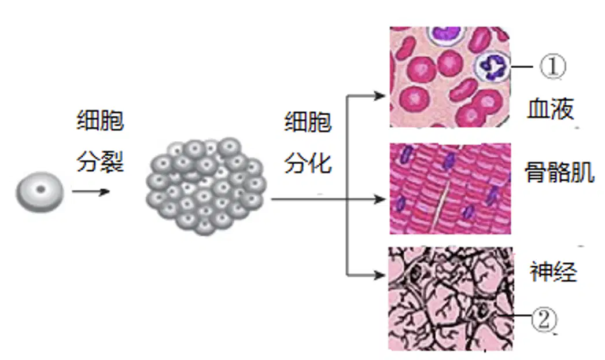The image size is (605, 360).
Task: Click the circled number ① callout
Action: [552, 67]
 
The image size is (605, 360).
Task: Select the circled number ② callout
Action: [544, 319]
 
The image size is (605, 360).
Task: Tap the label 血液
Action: [550, 109]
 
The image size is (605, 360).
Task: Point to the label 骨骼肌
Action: [559, 171]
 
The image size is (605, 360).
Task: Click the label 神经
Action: [554, 272]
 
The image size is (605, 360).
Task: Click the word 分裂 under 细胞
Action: [100, 161]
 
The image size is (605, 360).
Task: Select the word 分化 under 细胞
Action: [308, 163]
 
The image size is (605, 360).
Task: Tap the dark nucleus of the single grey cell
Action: [40, 190]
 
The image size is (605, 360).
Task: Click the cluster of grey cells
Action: [206, 186]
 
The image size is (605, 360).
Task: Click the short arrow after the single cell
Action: [91, 192]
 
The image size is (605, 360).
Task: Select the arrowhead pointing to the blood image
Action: [379, 96]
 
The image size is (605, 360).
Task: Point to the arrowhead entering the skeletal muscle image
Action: [379, 199]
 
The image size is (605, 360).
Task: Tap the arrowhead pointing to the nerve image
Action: [379, 275]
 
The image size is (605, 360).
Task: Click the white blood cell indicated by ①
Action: [492, 67]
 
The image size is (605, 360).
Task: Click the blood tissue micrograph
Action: [449, 76]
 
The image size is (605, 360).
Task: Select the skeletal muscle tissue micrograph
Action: [450, 189]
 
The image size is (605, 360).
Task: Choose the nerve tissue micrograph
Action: [451, 299]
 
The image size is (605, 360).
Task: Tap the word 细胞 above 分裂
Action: [100, 120]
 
